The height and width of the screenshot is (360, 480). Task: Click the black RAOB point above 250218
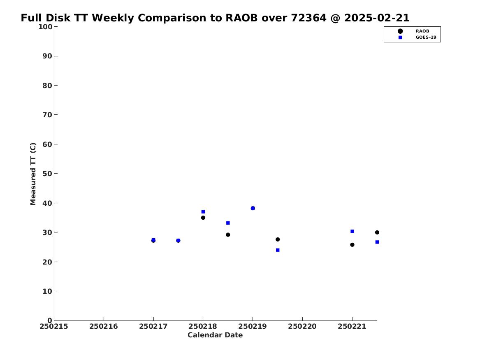coord(203,218)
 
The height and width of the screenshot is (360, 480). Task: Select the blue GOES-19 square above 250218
coord(203,212)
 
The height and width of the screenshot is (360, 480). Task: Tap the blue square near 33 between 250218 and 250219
coord(228,223)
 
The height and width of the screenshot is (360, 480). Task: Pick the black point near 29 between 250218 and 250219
coord(228,235)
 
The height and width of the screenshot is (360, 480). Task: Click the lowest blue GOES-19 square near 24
coord(278,250)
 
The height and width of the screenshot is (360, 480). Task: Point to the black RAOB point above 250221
coord(352,245)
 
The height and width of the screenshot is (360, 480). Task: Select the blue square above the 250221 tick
coord(352,231)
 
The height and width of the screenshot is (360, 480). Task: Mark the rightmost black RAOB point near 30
coord(377,232)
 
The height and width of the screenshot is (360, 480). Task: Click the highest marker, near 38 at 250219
coord(253,208)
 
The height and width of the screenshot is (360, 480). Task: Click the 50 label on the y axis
coord(47,174)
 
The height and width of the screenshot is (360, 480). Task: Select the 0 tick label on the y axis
coord(50,321)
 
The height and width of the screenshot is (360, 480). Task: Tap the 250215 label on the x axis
coord(54,327)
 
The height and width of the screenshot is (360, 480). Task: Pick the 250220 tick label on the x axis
coord(302,327)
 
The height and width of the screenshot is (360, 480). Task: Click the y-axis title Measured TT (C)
coord(33,174)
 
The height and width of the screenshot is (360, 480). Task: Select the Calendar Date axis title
coord(215,335)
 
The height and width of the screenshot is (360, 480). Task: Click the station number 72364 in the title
coord(308,18)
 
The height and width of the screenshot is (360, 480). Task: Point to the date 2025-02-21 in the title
coord(377,18)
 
